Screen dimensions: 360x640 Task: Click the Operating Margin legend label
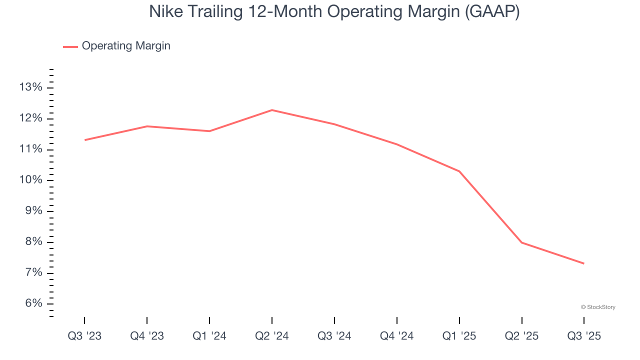pos(126,46)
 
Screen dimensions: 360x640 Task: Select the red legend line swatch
pos(70,46)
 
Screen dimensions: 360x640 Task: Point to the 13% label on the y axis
pos(30,87)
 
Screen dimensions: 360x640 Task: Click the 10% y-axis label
pos(30,180)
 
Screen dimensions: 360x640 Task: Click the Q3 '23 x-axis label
pos(84,336)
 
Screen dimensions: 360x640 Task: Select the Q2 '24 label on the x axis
pos(272,336)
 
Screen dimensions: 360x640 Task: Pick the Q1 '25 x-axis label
pos(459,336)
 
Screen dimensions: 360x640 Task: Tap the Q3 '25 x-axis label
pos(584,336)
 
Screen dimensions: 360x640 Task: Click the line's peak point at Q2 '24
pos(272,110)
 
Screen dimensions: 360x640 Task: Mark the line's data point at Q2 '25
pos(522,242)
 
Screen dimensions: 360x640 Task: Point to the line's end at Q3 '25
pos(584,263)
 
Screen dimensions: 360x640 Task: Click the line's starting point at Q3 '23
pos(84,140)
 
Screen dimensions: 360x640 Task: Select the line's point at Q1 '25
pos(459,171)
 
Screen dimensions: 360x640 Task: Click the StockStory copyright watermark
pos(598,307)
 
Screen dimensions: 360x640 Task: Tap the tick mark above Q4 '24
pos(397,320)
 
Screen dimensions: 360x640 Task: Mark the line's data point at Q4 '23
pos(147,126)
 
